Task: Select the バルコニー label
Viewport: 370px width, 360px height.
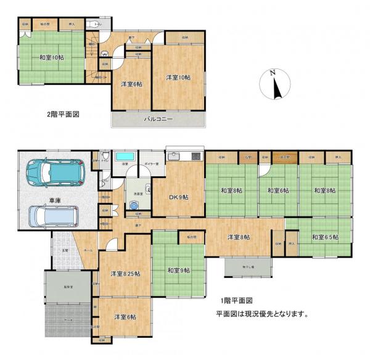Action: pos(158,118)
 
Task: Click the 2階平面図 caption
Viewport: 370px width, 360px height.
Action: pos(64,114)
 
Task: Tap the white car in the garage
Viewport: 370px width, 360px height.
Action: pos(53,215)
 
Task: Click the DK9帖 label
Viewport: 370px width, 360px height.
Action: pos(178,197)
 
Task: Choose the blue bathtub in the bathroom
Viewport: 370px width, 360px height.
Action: pos(126,155)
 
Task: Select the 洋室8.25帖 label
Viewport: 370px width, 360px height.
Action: pos(125,273)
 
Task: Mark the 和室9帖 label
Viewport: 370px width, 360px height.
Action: pos(178,270)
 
